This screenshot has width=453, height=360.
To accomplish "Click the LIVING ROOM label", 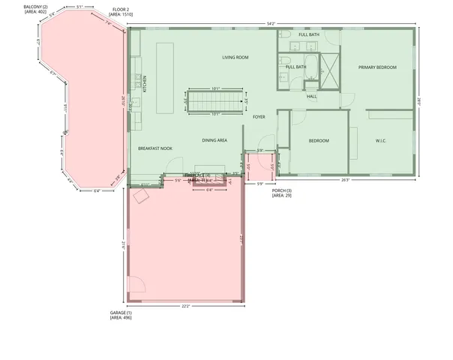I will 235,57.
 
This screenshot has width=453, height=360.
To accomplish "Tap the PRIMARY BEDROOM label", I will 377,67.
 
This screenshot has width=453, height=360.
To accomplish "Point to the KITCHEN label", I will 145,83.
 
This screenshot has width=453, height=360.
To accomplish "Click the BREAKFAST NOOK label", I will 155,148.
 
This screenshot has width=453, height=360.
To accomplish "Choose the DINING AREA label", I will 214,140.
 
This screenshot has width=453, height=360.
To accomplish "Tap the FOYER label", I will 259,117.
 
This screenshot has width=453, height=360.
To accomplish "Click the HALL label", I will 312,96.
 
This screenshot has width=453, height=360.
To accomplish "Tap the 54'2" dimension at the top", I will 271,23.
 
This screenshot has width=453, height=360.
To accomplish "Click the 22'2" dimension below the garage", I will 185,306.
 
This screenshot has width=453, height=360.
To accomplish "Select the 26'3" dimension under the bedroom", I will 346,180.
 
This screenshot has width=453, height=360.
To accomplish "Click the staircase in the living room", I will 215,100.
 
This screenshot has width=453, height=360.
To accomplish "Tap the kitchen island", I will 165,67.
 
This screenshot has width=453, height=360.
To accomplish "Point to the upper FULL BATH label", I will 308,35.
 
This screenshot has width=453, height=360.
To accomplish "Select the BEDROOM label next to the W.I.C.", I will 319,141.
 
